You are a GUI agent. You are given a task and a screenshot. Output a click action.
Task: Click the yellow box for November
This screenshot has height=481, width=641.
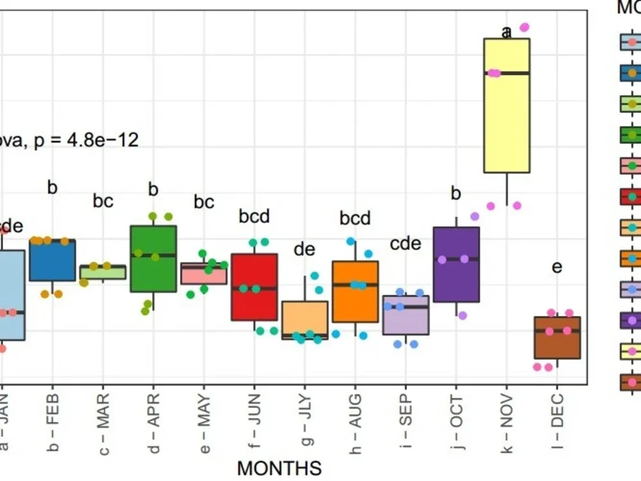pyautogui.click(x=506, y=122)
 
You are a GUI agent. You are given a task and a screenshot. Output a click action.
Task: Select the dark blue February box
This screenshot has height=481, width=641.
pyautogui.click(x=53, y=260)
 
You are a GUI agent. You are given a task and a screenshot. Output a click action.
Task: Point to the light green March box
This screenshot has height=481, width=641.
pyautogui.click(x=103, y=272)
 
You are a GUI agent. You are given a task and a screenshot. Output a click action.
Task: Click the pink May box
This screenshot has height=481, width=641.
pyautogui.click(x=204, y=274)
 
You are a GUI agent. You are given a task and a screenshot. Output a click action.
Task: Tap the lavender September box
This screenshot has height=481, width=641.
pyautogui.click(x=406, y=315)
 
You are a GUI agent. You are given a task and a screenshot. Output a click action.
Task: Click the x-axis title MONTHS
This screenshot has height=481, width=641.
pyautogui.click(x=279, y=468)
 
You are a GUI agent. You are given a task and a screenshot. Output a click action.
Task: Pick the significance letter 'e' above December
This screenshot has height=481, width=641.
pyautogui.click(x=557, y=266)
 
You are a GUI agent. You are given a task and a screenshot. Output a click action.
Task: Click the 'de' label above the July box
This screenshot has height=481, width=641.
pyautogui.click(x=304, y=249)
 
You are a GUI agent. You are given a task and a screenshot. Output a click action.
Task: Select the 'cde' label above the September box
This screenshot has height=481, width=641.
pyautogui.click(x=406, y=244)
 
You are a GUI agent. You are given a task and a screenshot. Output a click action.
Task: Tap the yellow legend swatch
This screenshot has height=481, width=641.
pyautogui.click(x=631, y=351)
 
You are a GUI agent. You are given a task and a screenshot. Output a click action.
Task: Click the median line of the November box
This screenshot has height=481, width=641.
pyautogui.click(x=506, y=73)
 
